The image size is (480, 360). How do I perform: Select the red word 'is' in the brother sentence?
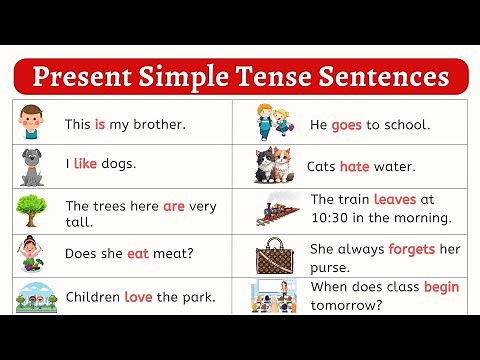point(100,125)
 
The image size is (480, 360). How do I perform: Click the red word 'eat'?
point(138,253)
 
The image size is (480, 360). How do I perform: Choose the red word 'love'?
point(138,297)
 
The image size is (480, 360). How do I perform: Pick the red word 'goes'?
point(349,125)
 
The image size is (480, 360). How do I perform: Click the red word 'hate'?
point(355,166)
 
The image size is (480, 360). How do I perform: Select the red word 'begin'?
point(441,287)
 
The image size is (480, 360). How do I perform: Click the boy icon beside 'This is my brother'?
point(32,121)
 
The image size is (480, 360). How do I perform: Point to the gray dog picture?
point(32,166)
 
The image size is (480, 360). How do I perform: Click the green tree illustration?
point(31,210)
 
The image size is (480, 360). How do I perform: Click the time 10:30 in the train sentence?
point(329,217)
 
